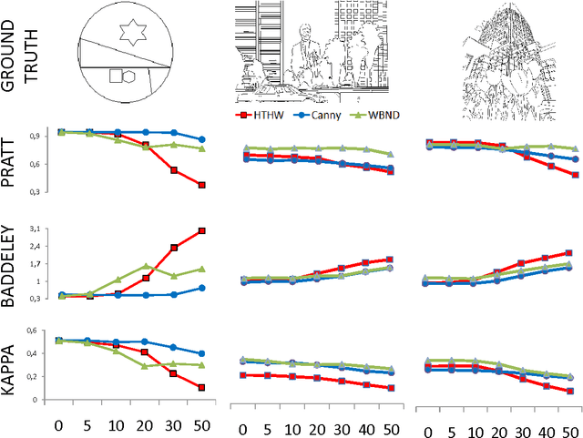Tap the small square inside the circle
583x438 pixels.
coord(116,77)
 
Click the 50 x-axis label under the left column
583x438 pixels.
coord(201,425)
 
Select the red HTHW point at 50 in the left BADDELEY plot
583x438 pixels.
coord(201,231)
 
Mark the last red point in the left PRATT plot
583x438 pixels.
coord(201,185)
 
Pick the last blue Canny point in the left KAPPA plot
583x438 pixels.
coord(201,353)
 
